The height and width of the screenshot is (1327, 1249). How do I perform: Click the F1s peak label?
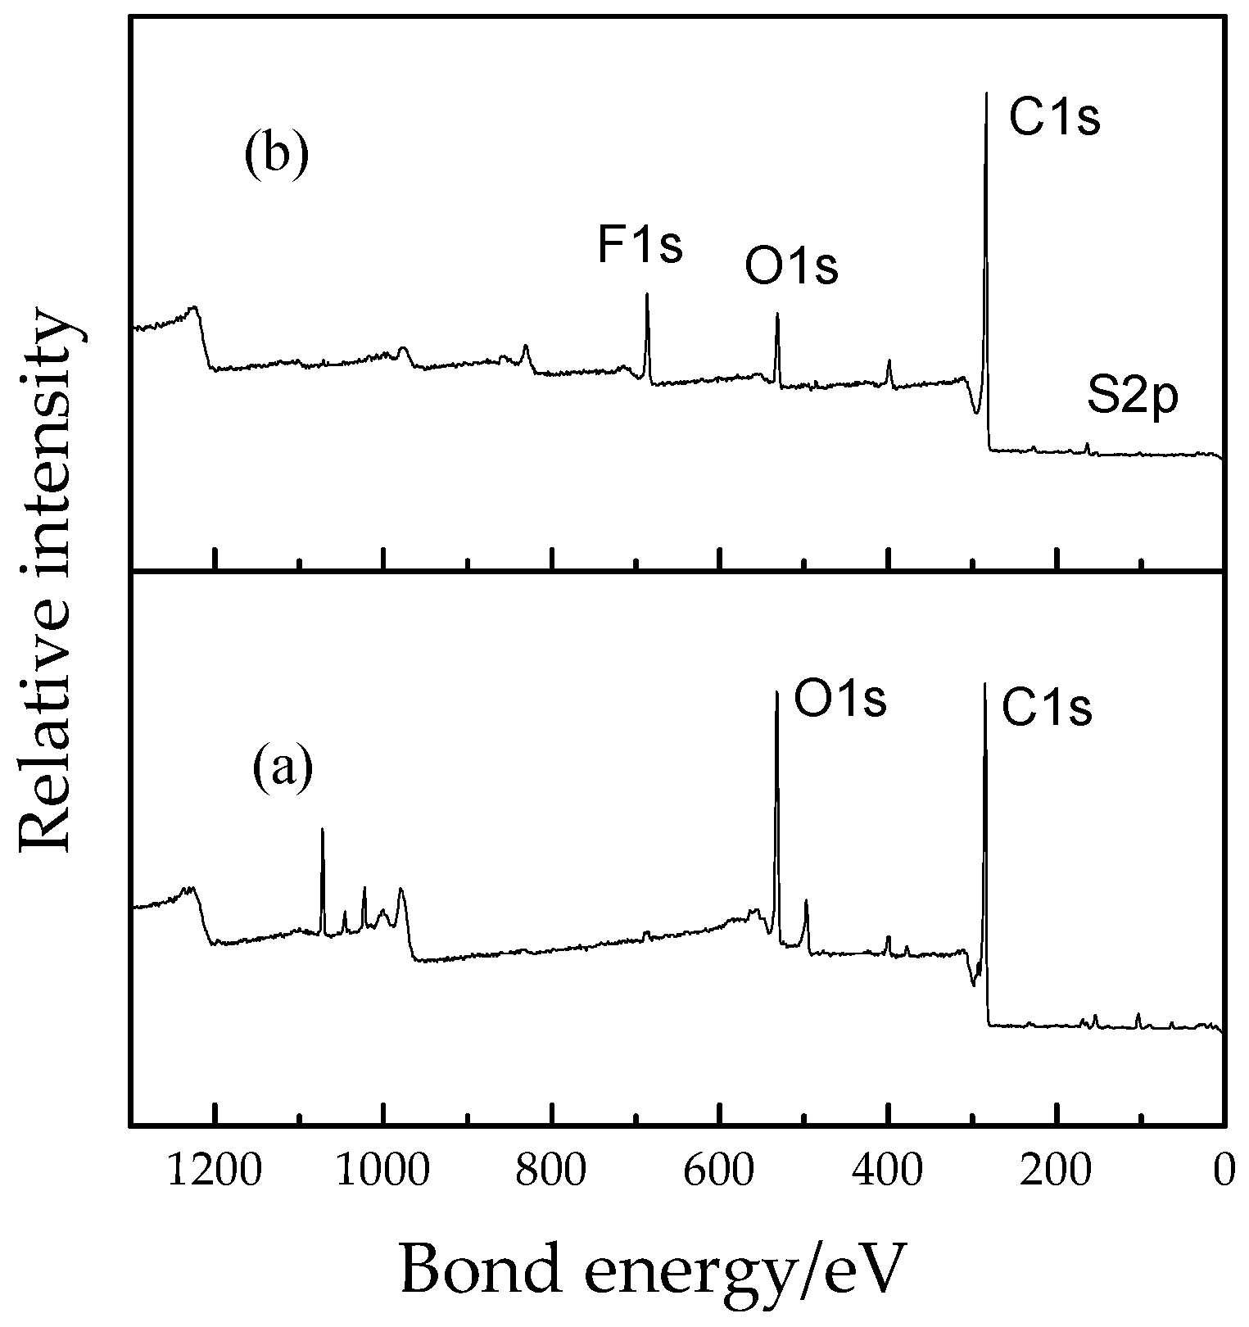point(640,246)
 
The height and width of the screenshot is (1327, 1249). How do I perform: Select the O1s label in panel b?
point(791,267)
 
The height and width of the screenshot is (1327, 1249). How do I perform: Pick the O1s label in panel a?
point(840,701)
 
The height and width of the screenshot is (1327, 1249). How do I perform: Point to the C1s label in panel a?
point(1047,709)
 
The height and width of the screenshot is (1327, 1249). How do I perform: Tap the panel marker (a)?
point(283,770)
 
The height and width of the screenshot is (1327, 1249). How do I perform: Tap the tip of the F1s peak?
point(647,294)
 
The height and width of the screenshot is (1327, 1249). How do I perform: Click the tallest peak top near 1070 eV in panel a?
point(323,830)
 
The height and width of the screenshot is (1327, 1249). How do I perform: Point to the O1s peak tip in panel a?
point(776,693)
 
